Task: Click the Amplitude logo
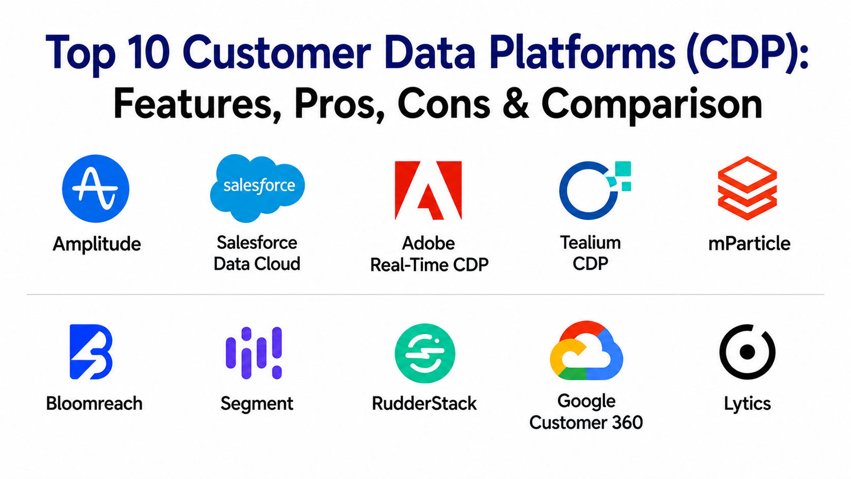(96, 188)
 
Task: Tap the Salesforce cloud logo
(257, 188)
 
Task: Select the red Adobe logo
(428, 190)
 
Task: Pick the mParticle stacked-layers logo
(747, 188)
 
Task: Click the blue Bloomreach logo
(91, 352)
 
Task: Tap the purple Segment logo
(254, 353)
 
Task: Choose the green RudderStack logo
(425, 353)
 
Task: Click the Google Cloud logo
(586, 351)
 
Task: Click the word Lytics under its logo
(747, 404)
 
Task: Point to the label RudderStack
(424, 403)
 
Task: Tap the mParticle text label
(749, 243)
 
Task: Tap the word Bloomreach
(94, 403)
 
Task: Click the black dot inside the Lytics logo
(747, 352)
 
